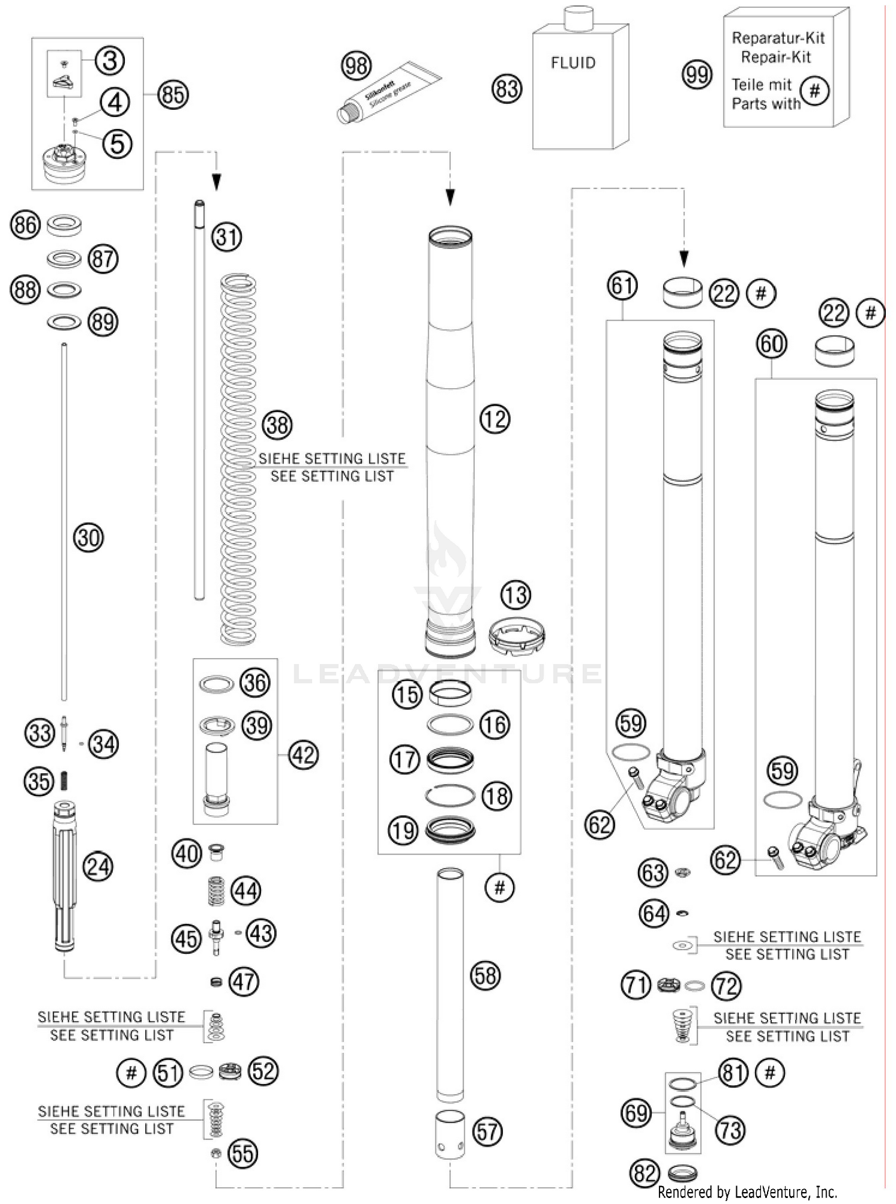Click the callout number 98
[356, 66]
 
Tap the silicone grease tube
[388, 92]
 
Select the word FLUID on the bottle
[573, 63]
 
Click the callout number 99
[697, 75]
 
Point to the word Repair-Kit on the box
[776, 57]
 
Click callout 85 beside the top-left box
[173, 94]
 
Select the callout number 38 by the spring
[277, 425]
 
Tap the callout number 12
[495, 419]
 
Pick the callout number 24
[98, 867]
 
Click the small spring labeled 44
[216, 891]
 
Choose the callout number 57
[487, 1132]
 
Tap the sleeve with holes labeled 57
[450, 1134]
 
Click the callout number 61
[622, 285]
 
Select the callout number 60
[771, 345]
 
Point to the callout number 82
[645, 1174]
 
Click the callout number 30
[88, 538]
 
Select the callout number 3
[109, 61]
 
